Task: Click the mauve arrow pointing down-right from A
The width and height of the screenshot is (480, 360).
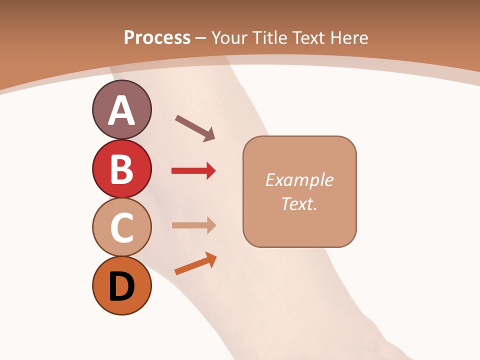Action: (x=195, y=128)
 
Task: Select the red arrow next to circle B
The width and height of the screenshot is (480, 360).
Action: (x=193, y=171)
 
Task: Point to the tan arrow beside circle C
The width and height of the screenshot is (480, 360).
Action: (x=193, y=225)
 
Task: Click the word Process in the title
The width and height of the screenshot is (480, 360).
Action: (x=157, y=37)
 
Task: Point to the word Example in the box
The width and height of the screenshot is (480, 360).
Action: (x=299, y=180)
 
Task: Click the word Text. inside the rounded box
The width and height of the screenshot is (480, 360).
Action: (x=299, y=203)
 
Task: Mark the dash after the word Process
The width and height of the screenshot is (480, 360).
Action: (x=200, y=38)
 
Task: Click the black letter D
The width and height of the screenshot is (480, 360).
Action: (x=121, y=286)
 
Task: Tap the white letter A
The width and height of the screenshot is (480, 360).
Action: (x=121, y=110)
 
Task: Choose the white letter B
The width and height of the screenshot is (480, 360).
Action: (x=121, y=169)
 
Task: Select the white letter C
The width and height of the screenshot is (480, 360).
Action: (x=121, y=227)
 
